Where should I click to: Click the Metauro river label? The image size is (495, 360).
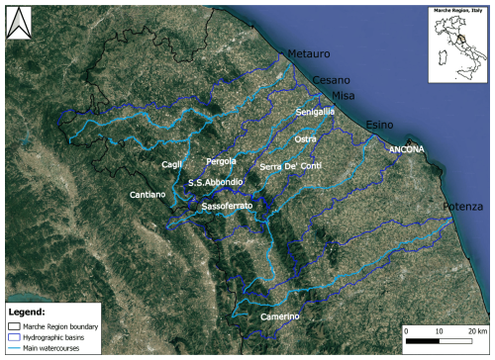point(308,53)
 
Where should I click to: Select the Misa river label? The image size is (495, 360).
point(343,94)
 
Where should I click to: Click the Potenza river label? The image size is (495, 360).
point(464,206)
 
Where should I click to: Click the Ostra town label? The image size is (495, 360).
point(306,139)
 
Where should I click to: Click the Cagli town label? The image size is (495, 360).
point(173,164)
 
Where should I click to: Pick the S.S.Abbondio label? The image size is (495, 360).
point(215,183)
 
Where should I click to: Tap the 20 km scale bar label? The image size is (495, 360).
point(478,329)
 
